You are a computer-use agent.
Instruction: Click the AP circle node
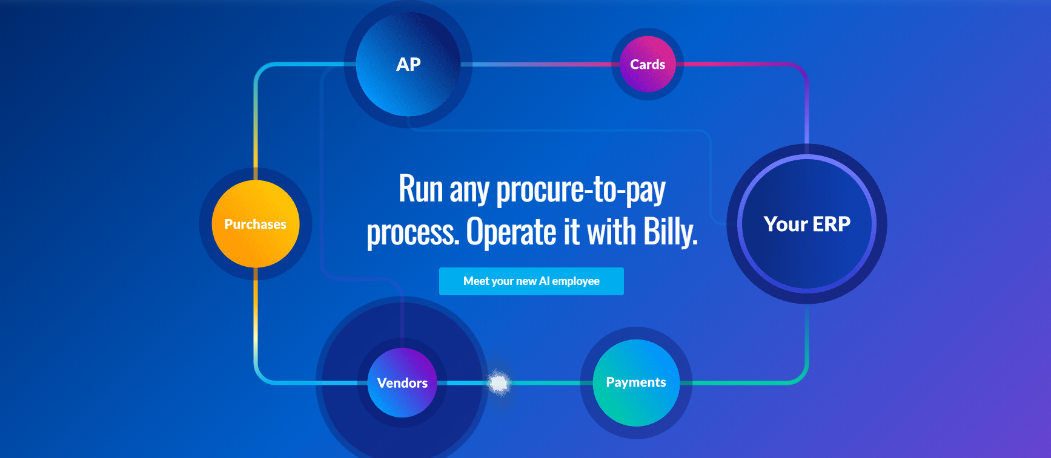click(x=408, y=64)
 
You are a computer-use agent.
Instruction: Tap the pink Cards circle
click(x=648, y=64)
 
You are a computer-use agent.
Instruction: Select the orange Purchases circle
click(x=256, y=224)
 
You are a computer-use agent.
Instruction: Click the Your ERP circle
click(x=807, y=224)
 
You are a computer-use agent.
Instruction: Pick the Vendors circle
click(x=402, y=382)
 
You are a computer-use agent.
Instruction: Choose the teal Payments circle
click(x=636, y=382)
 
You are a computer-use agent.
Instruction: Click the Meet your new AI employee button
click(x=531, y=281)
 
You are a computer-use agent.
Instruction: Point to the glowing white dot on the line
click(x=499, y=382)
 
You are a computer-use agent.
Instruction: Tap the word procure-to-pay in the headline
click(x=581, y=190)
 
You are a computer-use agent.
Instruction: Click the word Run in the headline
click(x=421, y=189)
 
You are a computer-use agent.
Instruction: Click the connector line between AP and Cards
click(x=540, y=64)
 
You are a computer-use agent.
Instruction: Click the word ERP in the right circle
click(x=831, y=224)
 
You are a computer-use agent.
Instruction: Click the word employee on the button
click(x=575, y=281)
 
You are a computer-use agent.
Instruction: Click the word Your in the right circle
click(x=786, y=224)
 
